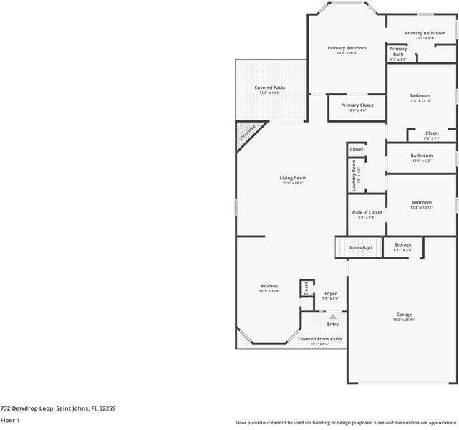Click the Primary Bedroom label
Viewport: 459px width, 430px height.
tap(347, 48)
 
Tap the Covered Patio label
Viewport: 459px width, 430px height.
tap(269, 87)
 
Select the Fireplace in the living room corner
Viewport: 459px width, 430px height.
tap(248, 133)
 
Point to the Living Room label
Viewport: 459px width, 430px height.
tap(293, 178)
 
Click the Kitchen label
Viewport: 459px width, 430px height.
tap(269, 286)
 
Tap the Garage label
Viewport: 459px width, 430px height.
tap(404, 315)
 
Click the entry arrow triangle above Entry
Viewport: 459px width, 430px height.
tap(332, 316)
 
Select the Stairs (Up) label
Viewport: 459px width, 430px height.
tap(360, 247)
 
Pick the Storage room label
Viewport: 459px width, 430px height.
tap(402, 245)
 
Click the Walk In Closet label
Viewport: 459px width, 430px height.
tap(366, 212)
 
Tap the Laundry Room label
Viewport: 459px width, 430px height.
tap(354, 175)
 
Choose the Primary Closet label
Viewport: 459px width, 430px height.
tap(357, 105)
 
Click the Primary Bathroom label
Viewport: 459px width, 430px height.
tap(425, 33)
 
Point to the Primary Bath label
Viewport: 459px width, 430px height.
tap(398, 52)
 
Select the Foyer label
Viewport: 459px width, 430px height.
tap(330, 293)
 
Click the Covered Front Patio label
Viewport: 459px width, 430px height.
tap(319, 339)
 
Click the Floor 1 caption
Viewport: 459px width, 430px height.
tap(9, 421)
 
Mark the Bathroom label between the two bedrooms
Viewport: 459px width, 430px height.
tap(421, 156)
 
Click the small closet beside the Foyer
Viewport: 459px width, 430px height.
tap(306, 288)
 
